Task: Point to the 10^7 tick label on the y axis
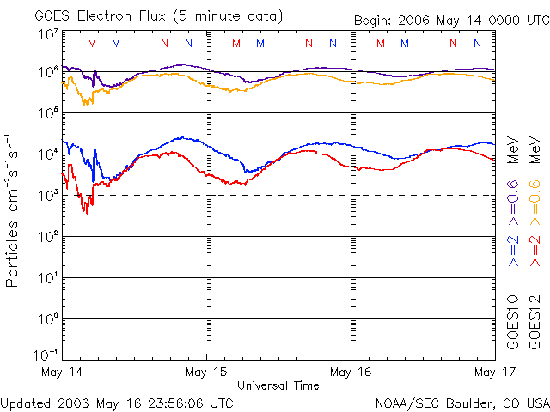click(x=47, y=34)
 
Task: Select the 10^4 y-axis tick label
click(x=47, y=154)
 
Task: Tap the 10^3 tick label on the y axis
click(x=47, y=196)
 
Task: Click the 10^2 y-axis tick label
click(x=47, y=237)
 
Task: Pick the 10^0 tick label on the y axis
click(x=47, y=319)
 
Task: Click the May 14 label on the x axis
click(x=62, y=372)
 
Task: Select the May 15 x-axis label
click(x=207, y=372)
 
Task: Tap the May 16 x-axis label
click(x=351, y=372)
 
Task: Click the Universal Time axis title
click(x=278, y=385)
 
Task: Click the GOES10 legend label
click(x=513, y=323)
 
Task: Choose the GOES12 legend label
click(x=534, y=323)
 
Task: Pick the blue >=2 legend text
click(x=513, y=250)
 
